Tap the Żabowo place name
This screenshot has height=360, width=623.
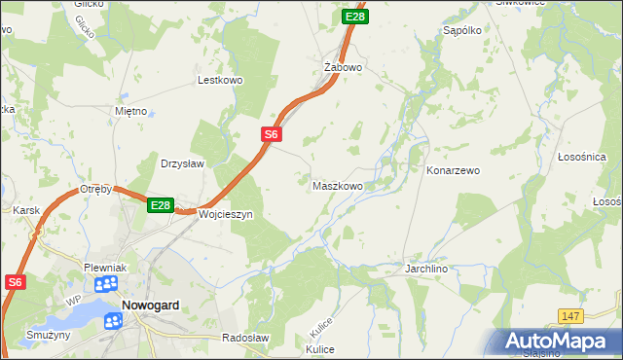pyautogui.click(x=343, y=68)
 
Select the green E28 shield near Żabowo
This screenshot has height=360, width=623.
pyautogui.click(x=355, y=17)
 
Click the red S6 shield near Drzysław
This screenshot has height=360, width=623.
pyautogui.click(x=272, y=135)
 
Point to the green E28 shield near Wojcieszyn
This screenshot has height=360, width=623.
pyautogui.click(x=161, y=205)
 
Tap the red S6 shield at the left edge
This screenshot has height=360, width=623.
pyautogui.click(x=14, y=282)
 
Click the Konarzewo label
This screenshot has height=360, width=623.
pyautogui.click(x=454, y=170)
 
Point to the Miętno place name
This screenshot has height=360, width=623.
pyautogui.click(x=130, y=111)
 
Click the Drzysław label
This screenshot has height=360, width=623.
pyautogui.click(x=182, y=164)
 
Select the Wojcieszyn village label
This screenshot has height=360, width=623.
pyautogui.click(x=225, y=214)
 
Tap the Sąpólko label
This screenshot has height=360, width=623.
pyautogui.click(x=463, y=31)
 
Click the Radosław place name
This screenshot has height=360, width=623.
pyautogui.click(x=243, y=338)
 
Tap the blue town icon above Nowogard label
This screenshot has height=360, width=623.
pyautogui.click(x=106, y=284)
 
